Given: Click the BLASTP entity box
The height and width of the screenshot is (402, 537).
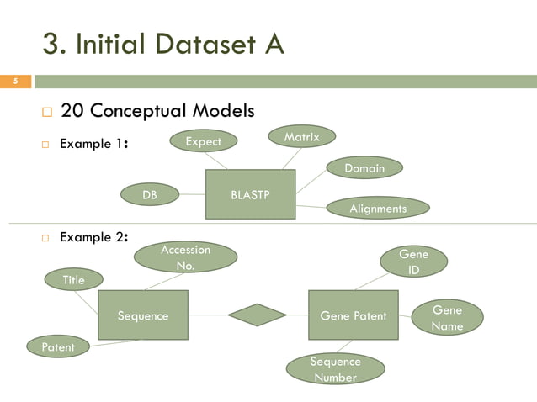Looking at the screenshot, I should point(250,194).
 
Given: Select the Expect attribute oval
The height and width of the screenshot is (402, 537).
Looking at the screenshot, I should point(203,142).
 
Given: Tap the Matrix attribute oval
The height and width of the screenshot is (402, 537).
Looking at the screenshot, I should point(301,136).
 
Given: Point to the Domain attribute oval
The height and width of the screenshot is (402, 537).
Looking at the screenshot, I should point(364,168).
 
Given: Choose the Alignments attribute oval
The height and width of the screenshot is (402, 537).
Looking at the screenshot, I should point(377,208).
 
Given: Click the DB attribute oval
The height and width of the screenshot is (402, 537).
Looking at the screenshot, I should point(150,195).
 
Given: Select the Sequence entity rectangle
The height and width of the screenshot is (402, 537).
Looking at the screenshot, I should point(142,315).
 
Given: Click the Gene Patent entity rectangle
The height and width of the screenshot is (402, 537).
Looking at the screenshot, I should point(354,315).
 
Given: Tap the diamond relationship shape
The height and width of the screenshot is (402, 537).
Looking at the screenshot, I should point(257,315).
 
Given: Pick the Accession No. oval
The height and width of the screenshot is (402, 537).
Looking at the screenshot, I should point(185,257).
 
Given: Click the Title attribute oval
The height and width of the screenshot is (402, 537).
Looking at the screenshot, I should point(74,280).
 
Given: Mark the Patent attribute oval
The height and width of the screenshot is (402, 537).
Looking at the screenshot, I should point(57,346).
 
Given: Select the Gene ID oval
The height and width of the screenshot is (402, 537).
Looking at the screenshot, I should point(413,262).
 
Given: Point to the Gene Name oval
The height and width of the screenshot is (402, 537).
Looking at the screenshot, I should point(446,317).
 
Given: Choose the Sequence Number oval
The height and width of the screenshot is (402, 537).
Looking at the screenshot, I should point(335,368).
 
